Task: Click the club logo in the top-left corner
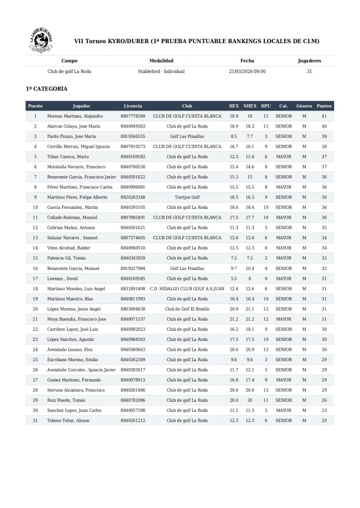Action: [x=40, y=41]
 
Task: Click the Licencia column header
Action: [x=133, y=106]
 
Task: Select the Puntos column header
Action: [x=324, y=106]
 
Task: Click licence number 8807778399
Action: [x=133, y=116]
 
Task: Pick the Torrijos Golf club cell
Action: [x=187, y=197]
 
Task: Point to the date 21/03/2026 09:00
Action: [x=247, y=71]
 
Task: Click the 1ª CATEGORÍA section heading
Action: [x=47, y=89]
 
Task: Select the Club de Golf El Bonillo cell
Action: [x=187, y=309]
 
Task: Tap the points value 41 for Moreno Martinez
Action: [x=324, y=116]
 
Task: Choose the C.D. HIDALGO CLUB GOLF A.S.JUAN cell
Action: [x=187, y=288]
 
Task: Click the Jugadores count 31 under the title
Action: [x=309, y=71]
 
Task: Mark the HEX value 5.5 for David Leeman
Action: [x=234, y=278]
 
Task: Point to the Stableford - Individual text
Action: [x=161, y=71]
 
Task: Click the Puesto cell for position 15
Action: [x=35, y=258]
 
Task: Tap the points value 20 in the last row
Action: [x=324, y=420]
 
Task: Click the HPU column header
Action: [x=266, y=106]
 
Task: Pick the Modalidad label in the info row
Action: [x=161, y=61]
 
